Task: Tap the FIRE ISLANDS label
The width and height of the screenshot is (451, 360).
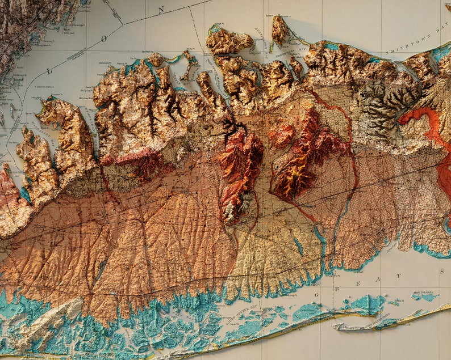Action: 423,293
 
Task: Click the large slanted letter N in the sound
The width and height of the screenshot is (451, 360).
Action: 161,10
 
